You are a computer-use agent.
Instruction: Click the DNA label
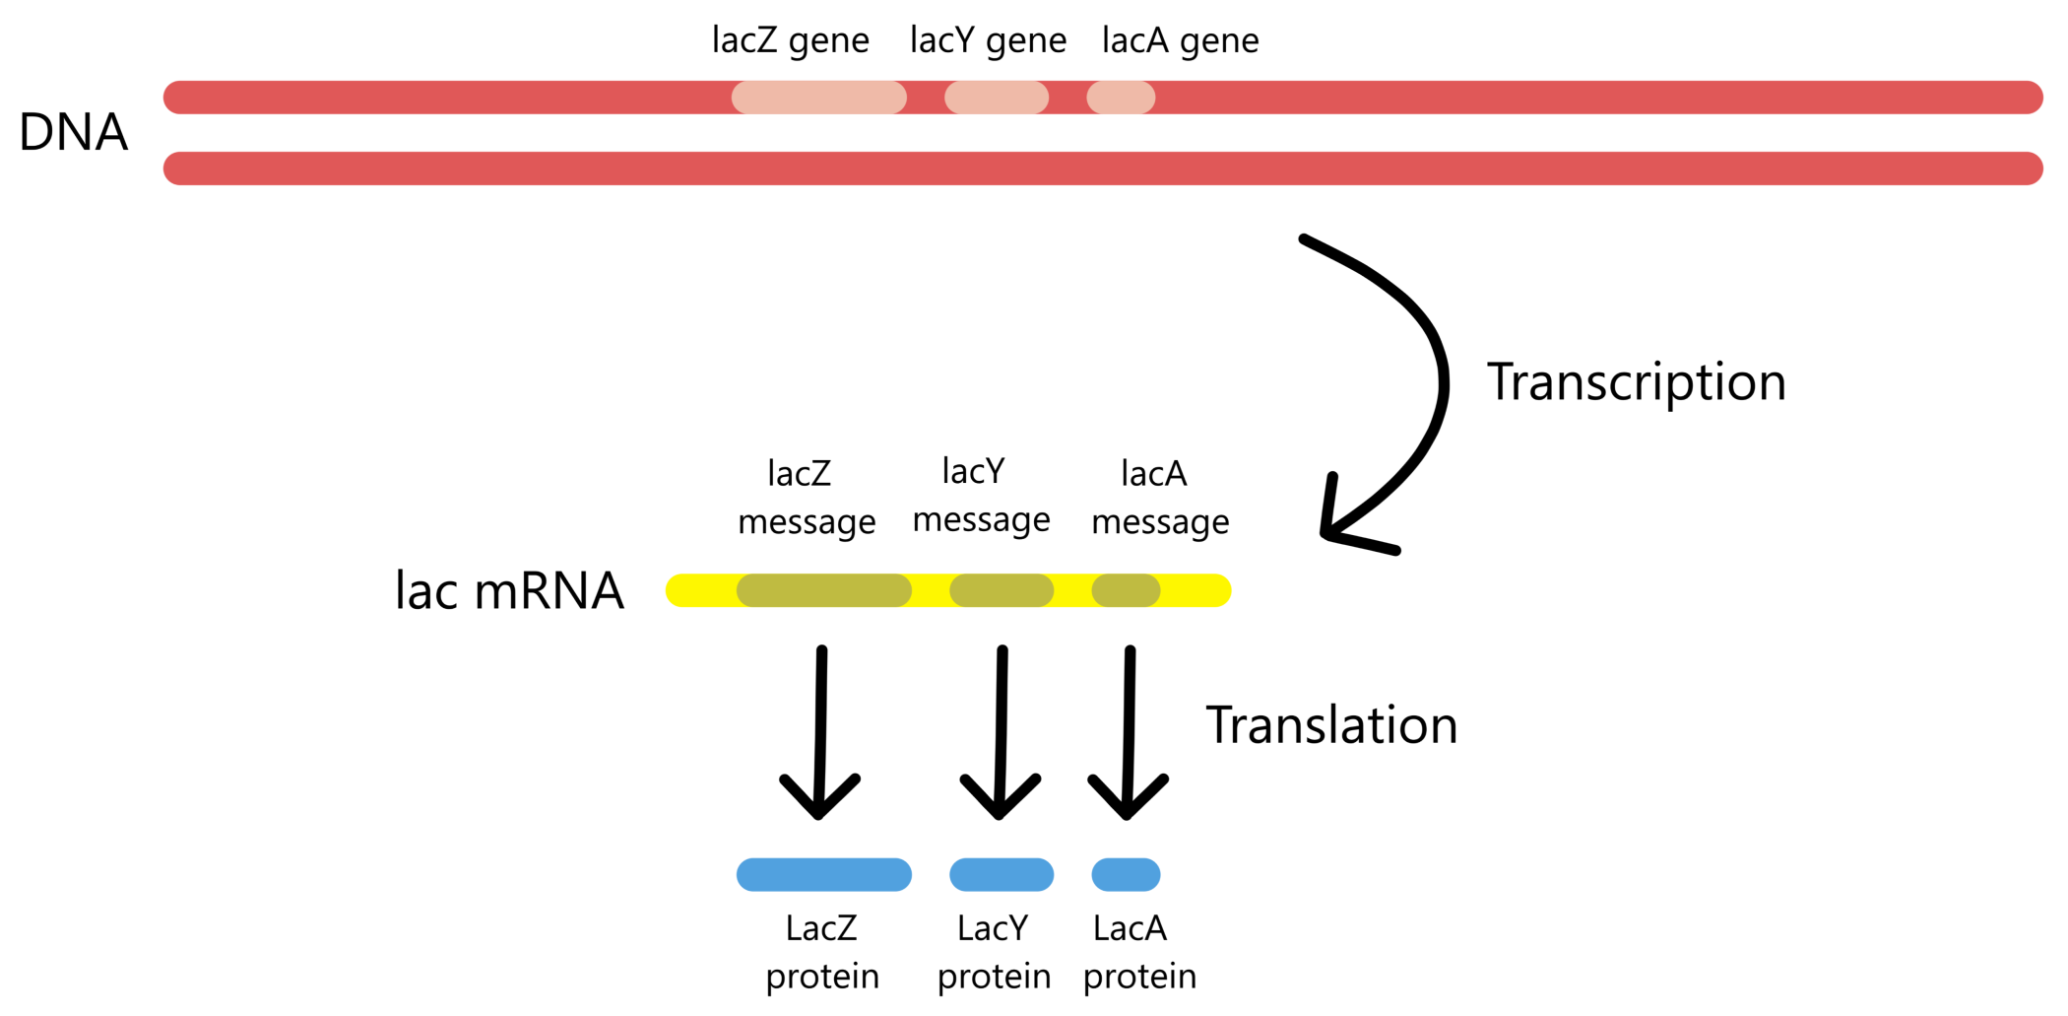[74, 132]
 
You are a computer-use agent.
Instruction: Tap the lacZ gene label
[790, 40]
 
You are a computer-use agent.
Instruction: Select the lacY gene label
[988, 40]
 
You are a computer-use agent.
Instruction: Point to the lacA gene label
[1180, 40]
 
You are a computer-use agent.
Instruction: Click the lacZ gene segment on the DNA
[818, 98]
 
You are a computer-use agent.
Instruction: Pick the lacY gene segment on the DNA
[997, 98]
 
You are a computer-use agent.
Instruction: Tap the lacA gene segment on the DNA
[1121, 98]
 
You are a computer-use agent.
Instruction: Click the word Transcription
[1636, 382]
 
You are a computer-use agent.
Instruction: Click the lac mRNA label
[509, 591]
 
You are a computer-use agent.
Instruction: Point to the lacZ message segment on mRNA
[824, 590]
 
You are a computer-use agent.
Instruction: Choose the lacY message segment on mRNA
[1002, 590]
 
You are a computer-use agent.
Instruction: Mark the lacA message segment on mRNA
[1126, 590]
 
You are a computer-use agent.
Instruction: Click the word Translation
[1331, 725]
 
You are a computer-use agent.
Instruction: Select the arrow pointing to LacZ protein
[820, 729]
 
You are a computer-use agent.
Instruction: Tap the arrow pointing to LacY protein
[1001, 729]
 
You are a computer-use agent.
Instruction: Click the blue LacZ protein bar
[824, 874]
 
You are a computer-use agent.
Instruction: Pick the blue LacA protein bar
[1126, 874]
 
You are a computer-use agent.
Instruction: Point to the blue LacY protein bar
[1002, 874]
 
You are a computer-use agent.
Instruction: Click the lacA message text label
[1159, 498]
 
